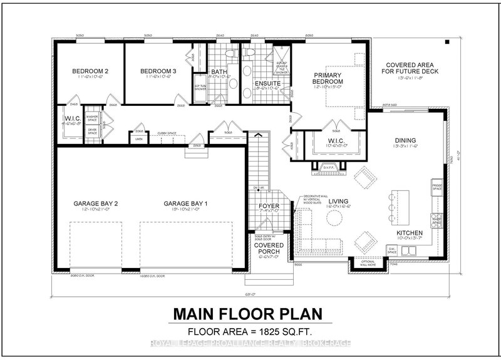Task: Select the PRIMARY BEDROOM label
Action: [329, 78]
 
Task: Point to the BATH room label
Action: [219, 72]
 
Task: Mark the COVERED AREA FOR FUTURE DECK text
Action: [410, 69]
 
